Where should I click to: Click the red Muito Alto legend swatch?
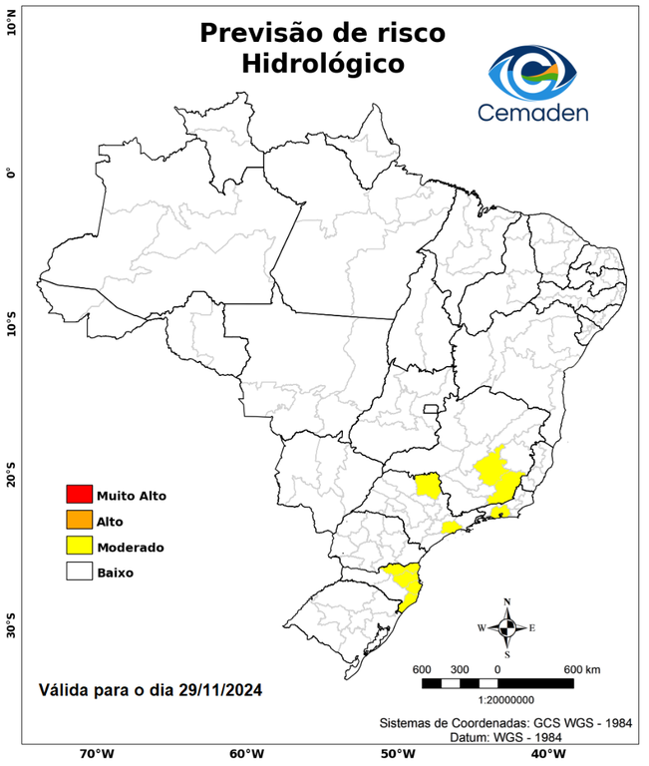point(79,495)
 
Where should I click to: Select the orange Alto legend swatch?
point(79,521)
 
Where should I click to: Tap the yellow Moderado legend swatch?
point(79,547)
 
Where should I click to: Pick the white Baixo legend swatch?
point(79,573)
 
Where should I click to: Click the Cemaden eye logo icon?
point(537,71)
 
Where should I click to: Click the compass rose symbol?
point(506,627)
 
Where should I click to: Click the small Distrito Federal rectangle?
point(432,409)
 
